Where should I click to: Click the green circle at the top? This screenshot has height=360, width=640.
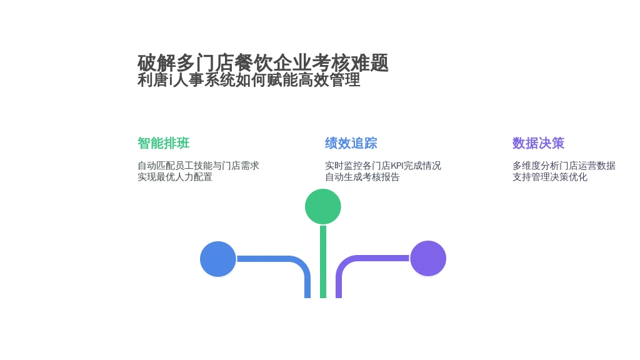point(323,206)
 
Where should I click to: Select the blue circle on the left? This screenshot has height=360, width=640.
point(218,259)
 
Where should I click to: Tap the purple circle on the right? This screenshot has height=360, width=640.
point(428,258)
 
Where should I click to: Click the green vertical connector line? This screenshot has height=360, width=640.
point(323,262)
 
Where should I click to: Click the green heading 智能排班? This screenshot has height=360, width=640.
point(164,143)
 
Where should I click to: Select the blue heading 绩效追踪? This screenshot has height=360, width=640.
point(351,143)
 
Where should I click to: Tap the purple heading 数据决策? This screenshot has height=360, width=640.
point(538,143)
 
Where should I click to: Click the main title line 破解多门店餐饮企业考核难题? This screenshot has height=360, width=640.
point(263,63)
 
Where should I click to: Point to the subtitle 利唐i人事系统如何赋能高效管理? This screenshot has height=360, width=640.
point(249,80)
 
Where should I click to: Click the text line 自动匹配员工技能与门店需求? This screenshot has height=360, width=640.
point(198,166)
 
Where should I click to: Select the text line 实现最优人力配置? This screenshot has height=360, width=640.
point(175,177)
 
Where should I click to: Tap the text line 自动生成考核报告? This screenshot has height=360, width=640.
point(362,177)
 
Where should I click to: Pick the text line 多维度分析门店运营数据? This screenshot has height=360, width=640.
point(564,166)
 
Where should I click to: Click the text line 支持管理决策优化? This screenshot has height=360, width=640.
point(550,177)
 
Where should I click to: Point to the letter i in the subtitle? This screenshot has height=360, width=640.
point(171,80)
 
